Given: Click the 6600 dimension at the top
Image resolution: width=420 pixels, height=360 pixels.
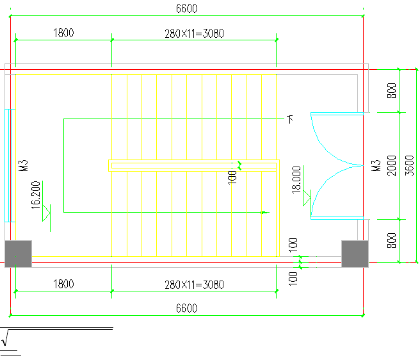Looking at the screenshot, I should (186, 8).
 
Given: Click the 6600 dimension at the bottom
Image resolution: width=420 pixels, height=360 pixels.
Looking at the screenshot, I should (186, 308).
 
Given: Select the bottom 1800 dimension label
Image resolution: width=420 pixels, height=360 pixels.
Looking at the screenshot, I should (63, 284).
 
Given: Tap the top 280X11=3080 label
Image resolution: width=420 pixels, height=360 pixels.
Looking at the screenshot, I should (194, 33).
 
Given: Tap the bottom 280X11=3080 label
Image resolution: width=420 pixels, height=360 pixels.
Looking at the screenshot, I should (194, 284).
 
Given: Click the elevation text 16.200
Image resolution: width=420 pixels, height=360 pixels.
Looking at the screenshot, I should (36, 194).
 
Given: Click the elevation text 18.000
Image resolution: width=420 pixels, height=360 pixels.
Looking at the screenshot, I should (296, 180).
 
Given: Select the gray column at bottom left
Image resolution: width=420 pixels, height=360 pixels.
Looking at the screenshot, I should (18, 253).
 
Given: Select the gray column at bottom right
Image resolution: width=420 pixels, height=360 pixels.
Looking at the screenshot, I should (354, 253).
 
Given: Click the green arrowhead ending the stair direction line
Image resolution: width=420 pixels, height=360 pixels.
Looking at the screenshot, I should (264, 212).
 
